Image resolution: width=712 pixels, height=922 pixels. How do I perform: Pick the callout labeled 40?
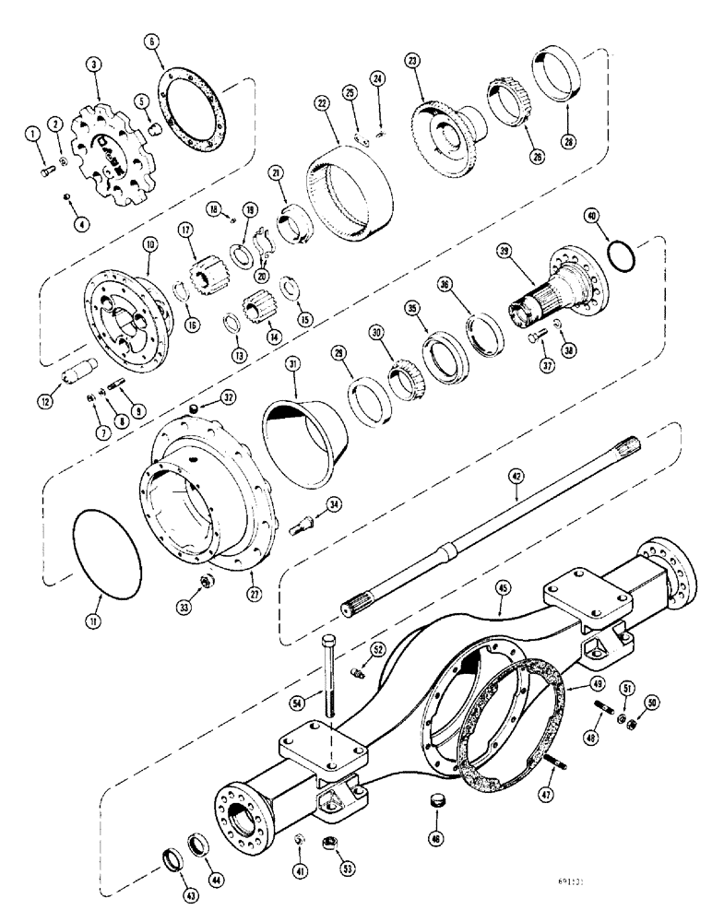pyautogui.click(x=589, y=217)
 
